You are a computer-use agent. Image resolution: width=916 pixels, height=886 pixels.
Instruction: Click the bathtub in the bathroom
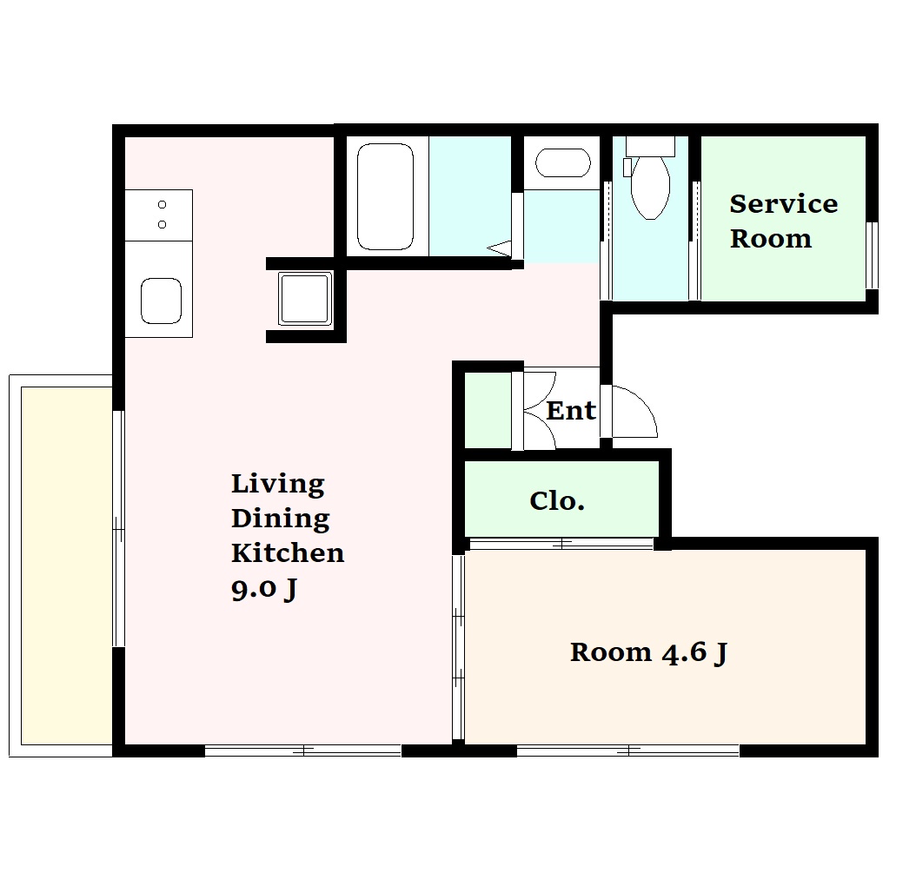385,197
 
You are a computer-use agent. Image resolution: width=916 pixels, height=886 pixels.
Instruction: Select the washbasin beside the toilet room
562,163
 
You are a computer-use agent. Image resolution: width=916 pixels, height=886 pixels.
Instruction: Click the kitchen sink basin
162,301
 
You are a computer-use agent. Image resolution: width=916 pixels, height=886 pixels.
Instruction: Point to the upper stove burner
162,204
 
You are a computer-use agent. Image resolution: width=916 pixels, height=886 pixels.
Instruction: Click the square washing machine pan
305,299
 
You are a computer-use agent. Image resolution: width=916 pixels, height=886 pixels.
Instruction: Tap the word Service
783,204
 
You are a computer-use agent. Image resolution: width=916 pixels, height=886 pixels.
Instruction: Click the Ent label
571,411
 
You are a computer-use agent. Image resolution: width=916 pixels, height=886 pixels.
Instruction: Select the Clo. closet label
557,500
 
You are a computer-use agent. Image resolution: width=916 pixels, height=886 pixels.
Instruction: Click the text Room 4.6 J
648,653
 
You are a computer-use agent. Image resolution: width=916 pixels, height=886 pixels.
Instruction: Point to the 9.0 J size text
264,589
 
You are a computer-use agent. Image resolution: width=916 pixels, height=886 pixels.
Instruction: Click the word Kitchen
288,552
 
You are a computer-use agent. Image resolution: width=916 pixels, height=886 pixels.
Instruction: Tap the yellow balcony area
67,565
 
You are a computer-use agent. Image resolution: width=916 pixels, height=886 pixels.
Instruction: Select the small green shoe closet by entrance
488,410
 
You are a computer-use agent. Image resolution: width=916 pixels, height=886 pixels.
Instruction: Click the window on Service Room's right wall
871,255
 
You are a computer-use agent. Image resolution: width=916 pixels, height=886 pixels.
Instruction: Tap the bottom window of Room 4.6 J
628,750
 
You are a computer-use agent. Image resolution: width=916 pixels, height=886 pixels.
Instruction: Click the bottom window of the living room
303,750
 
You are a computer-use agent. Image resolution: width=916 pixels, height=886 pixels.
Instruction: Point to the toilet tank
650,146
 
